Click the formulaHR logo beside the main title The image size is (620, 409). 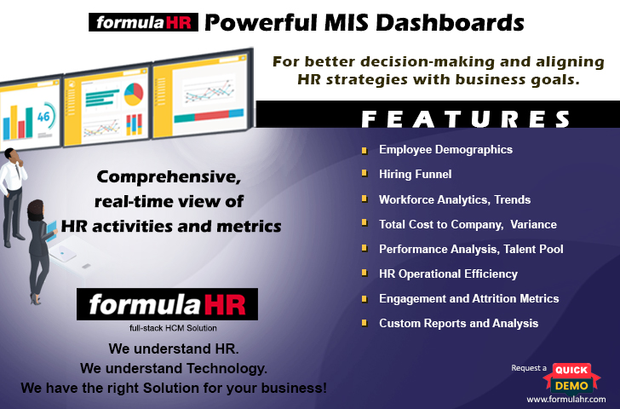143,22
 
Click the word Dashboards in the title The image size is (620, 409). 450,22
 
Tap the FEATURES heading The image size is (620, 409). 466,118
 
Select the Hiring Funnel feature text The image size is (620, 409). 416,174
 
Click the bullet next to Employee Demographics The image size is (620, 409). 365,150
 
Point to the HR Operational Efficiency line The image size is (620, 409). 448,274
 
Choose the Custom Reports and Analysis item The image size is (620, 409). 459,323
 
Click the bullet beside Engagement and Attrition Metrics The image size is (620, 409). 365,299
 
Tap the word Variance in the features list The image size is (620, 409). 533,224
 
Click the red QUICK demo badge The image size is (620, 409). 571,371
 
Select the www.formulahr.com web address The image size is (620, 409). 566,399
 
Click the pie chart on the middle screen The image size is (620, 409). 134,94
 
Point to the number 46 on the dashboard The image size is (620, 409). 43,116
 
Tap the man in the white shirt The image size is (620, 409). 12,197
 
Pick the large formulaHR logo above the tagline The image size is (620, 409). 167,304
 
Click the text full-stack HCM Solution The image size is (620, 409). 173,328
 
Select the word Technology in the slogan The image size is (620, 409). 227,369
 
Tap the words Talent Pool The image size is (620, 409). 533,249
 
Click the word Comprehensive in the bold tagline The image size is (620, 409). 169,177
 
